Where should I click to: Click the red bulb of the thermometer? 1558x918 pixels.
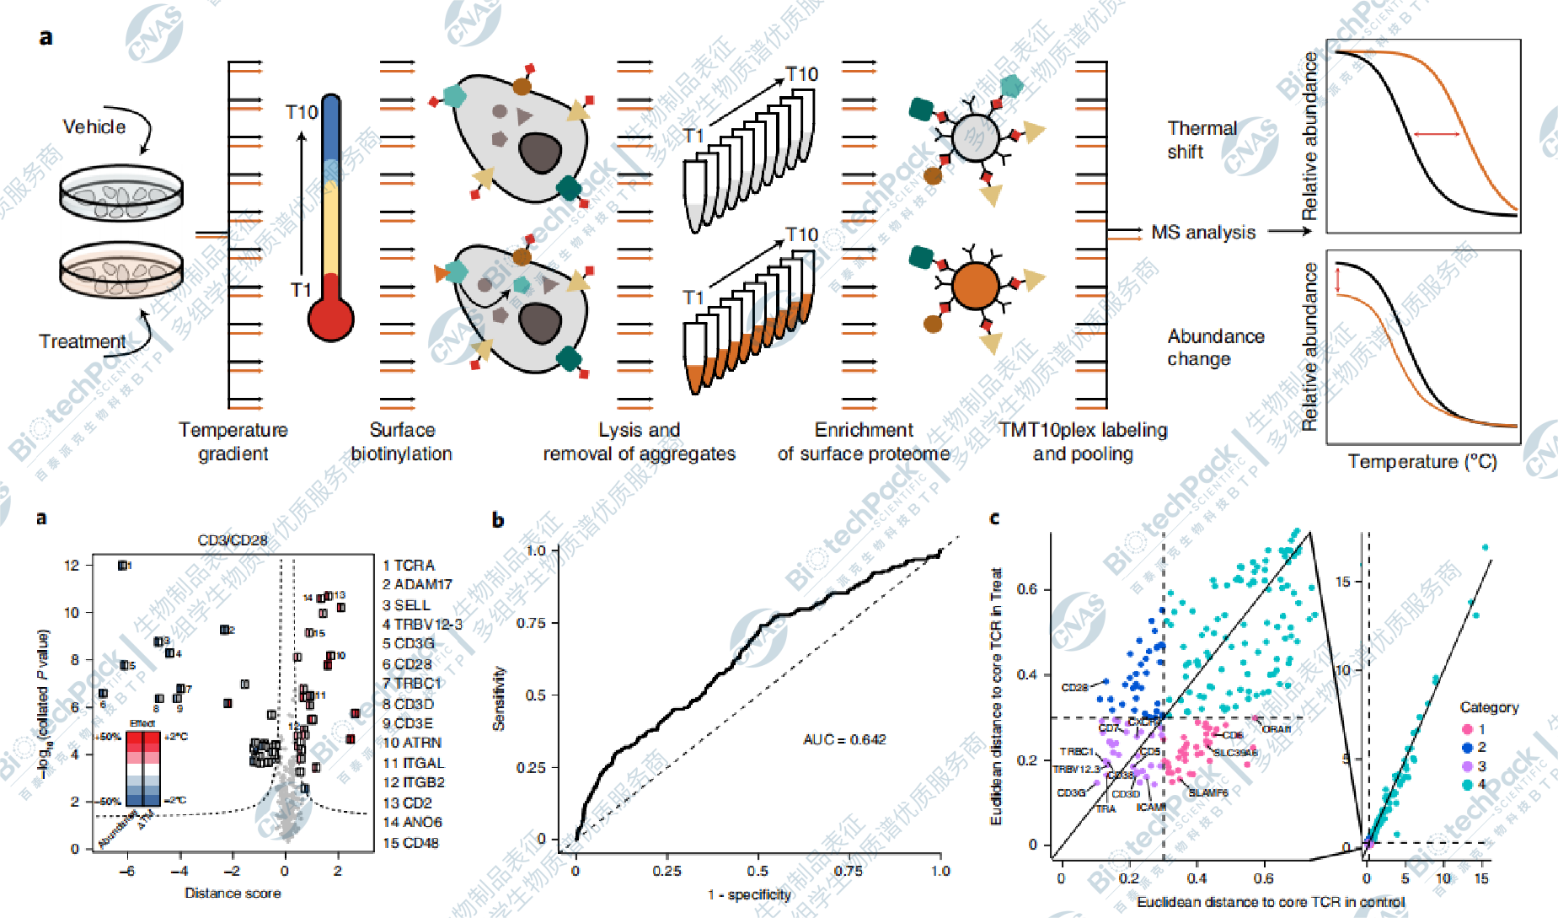point(330,319)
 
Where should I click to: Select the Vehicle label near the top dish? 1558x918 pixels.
point(94,127)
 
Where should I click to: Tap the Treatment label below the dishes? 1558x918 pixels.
point(82,341)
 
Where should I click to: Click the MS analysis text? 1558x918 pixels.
point(1203,233)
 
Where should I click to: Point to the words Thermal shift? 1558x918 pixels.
point(1202,140)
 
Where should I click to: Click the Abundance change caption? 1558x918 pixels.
point(1215,347)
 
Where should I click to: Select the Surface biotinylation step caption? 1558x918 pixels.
point(402,442)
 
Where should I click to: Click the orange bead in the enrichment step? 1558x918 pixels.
point(976,286)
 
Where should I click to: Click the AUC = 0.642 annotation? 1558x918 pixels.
point(844,740)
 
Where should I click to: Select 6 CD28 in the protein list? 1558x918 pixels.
point(408,664)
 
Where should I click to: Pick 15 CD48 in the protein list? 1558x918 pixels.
point(411,843)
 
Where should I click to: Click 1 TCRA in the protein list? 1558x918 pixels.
point(409,566)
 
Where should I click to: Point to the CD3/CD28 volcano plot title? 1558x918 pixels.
point(233,540)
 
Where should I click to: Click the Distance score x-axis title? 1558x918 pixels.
point(233,894)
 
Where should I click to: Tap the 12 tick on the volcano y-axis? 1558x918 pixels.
point(72,566)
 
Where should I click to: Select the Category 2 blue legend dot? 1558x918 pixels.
point(1468,748)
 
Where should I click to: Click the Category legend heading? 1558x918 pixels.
point(1489,708)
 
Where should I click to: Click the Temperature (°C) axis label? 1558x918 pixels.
point(1422,462)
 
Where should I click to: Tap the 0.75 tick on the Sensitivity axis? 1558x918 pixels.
point(531,623)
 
